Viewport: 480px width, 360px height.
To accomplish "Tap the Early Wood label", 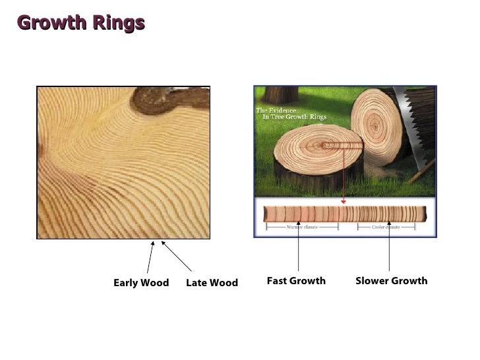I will coord(141,283).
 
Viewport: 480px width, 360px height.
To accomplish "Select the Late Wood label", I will coord(212,283).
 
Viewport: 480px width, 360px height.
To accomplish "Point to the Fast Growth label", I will coord(296,281).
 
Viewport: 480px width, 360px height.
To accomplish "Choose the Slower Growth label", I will coord(391,281).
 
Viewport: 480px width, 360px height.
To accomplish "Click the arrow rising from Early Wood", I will coord(150,257).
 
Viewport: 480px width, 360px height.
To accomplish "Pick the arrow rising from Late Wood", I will coord(176,256).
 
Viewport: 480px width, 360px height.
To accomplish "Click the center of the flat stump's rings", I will coord(320,144).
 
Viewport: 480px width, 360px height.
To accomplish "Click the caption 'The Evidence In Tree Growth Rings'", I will coord(289,113).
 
